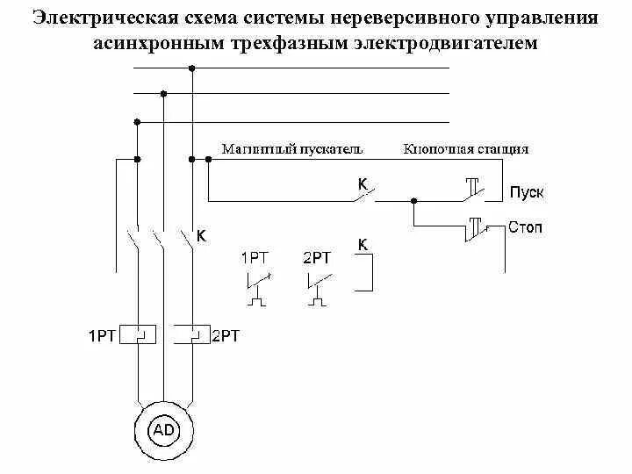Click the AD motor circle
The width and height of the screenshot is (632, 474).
163,429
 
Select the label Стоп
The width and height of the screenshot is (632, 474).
525,227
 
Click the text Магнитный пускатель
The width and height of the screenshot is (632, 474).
291,149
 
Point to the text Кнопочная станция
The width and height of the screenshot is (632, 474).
465,149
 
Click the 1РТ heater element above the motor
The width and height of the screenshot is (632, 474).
137,334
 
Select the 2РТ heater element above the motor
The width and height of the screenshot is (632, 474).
190,334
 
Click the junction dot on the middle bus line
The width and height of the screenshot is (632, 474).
164,92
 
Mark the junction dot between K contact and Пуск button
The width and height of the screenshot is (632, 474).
414,200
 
